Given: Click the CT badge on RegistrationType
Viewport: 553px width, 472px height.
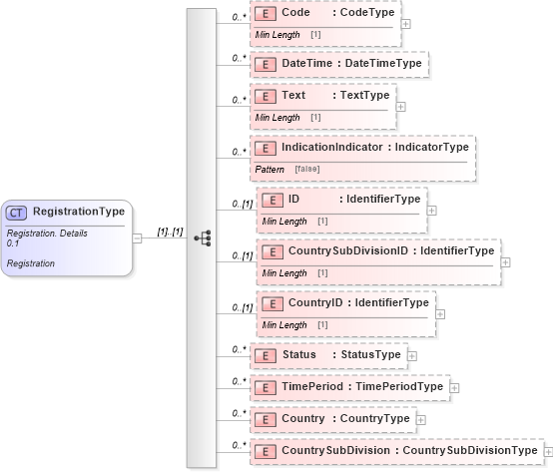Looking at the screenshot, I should click(x=17, y=212).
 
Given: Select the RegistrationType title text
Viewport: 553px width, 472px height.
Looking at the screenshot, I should click(x=79, y=212).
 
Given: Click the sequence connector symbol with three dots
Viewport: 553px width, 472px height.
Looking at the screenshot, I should click(x=202, y=237).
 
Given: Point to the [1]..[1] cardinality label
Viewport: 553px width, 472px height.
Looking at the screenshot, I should click(x=170, y=232).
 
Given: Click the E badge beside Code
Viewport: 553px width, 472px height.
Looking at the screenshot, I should click(x=266, y=14).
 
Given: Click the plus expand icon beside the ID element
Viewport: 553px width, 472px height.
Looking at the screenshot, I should click(x=431, y=211).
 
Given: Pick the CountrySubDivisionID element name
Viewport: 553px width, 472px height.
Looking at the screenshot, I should click(x=347, y=250).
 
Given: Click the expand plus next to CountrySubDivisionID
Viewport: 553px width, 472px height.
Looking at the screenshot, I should click(x=505, y=262).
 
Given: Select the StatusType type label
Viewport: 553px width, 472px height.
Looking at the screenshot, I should click(x=370, y=355).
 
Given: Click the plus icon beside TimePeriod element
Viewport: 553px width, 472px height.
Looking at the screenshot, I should click(x=454, y=387).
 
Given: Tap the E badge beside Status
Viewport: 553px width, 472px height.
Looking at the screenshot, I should click(x=266, y=355).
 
